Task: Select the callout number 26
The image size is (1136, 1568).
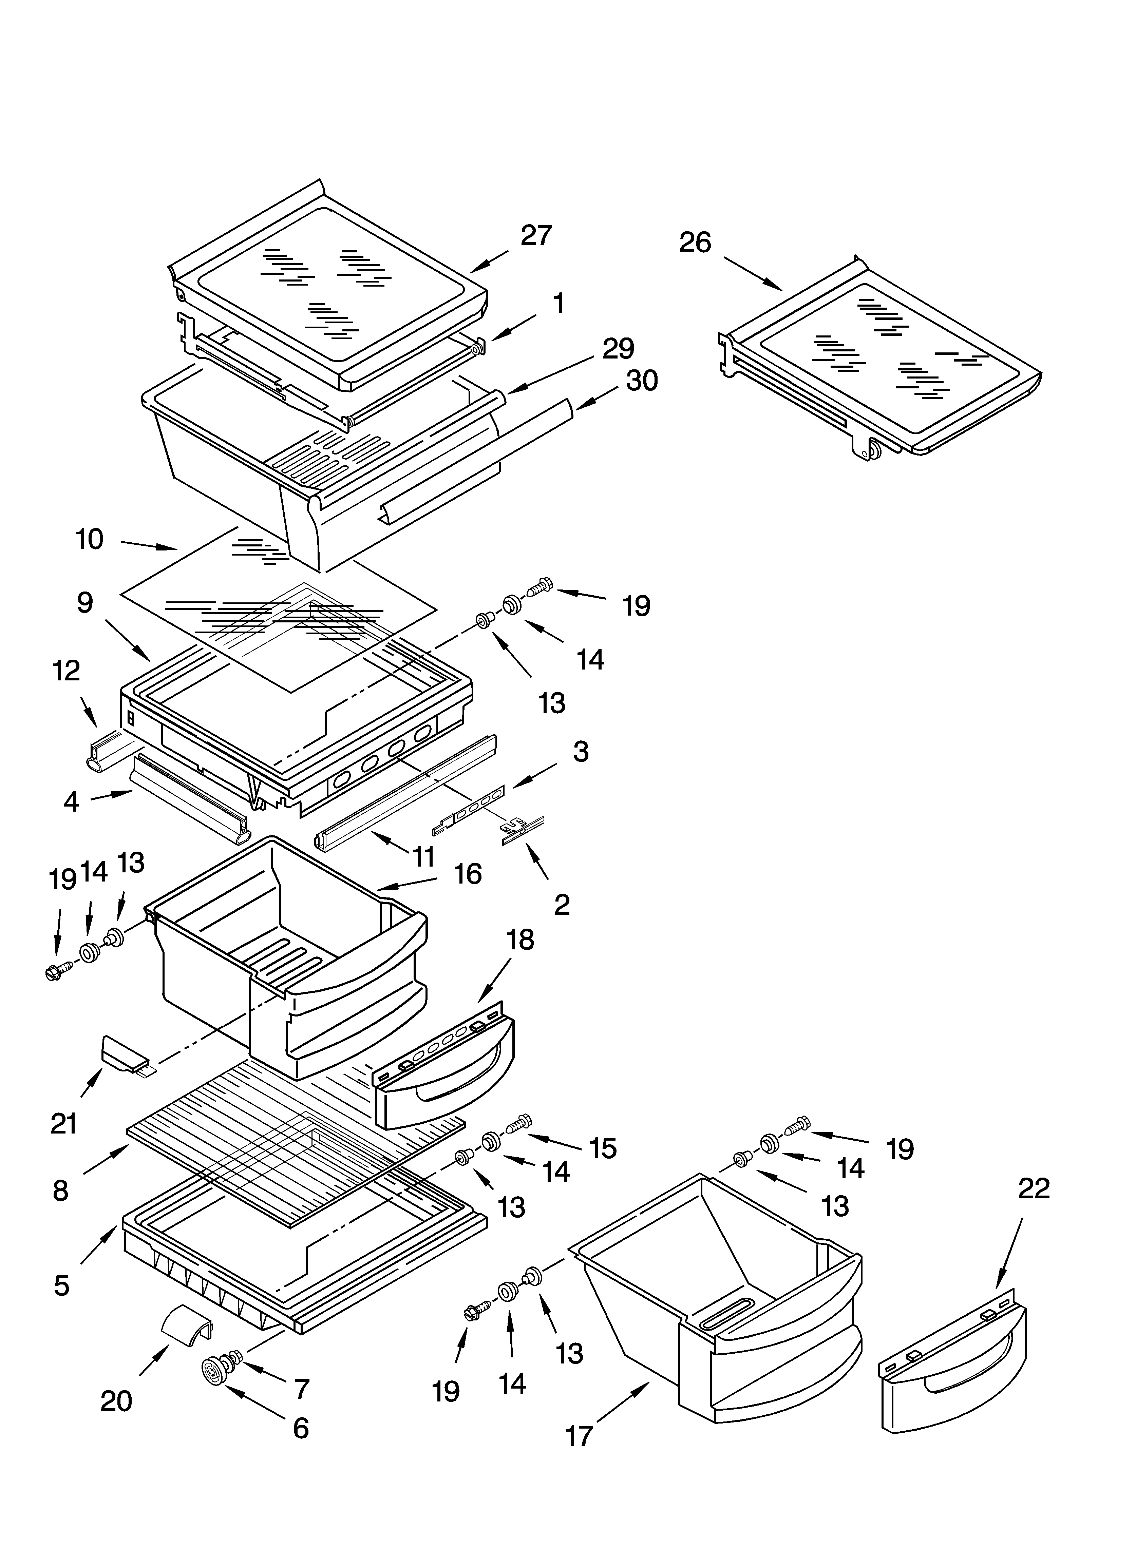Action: point(695,243)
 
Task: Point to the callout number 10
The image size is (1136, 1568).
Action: point(89,539)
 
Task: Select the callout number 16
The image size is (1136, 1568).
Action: point(468,874)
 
